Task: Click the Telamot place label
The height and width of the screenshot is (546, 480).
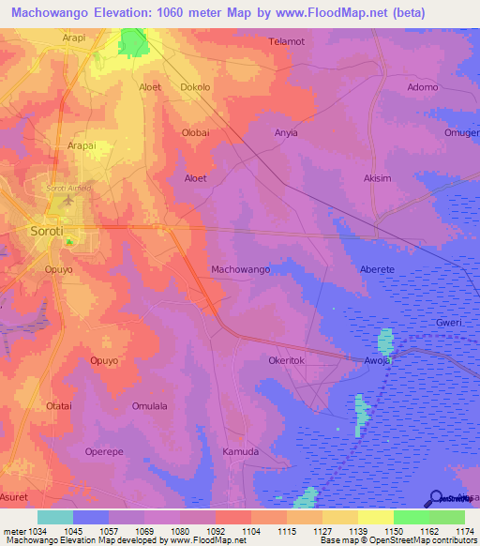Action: pos(287,42)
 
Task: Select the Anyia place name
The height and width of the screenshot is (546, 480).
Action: pos(286,132)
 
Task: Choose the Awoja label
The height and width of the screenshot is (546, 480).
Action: pos(377,359)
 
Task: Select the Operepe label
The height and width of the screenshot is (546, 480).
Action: pos(104,451)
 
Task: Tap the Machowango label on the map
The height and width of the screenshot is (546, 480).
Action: pos(241,269)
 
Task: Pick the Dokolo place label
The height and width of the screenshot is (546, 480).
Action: pos(195,87)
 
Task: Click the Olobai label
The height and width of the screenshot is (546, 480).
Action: pos(195,132)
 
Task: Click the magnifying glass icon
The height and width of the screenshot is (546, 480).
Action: pos(436,499)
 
